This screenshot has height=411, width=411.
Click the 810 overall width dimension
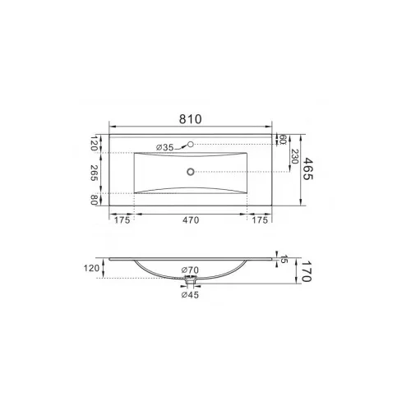click(x=191, y=119)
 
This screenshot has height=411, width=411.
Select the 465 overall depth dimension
click(x=308, y=169)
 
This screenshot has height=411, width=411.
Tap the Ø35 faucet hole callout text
click(x=165, y=148)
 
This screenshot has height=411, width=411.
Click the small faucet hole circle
click(x=191, y=144)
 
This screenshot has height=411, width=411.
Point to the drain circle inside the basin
click(x=191, y=172)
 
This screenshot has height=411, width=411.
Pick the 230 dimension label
click(x=294, y=156)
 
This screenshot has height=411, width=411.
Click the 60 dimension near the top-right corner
click(x=283, y=140)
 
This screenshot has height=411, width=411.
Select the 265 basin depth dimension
click(x=94, y=173)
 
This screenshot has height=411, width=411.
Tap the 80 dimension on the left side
click(x=94, y=200)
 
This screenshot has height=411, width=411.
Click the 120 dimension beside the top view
click(x=94, y=143)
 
